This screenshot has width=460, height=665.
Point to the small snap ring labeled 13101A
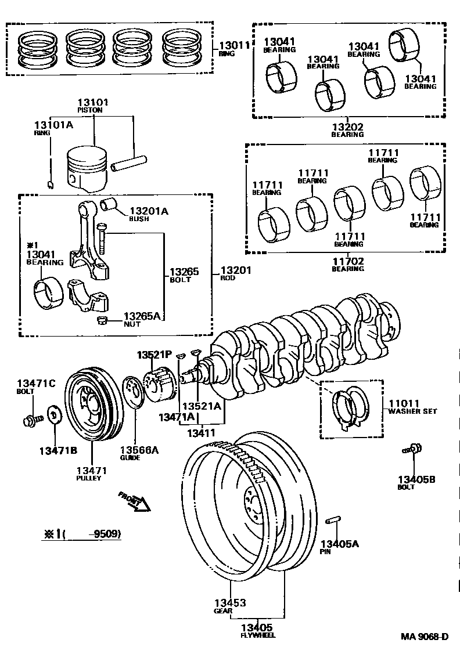pos(51,185)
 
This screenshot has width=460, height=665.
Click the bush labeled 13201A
pos(109,205)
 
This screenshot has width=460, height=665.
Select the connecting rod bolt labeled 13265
pos(102,238)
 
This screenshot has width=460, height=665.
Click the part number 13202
pos(347,127)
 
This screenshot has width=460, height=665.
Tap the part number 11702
pos(347,261)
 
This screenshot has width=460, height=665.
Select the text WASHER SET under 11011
pos(412,411)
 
